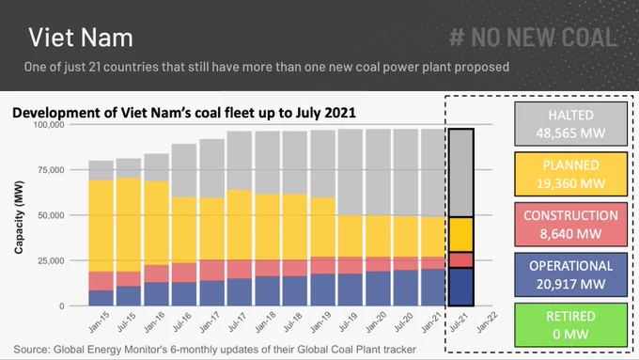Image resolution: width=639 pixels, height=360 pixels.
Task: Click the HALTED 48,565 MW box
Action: [570, 124]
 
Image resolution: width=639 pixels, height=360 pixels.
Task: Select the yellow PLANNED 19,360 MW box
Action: [570, 174]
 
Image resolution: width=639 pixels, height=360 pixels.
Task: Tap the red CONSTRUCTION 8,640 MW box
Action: [570, 225]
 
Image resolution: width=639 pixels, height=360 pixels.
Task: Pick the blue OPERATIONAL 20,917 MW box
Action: [570, 274]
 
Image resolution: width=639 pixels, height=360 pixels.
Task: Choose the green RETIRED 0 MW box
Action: [570, 325]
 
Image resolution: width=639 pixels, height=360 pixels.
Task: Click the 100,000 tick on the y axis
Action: [49, 124]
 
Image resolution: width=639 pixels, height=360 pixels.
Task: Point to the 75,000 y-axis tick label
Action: [51, 170]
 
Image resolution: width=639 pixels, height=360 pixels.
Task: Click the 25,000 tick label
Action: [51, 260]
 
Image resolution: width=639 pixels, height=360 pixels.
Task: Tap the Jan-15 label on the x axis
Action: [100, 322]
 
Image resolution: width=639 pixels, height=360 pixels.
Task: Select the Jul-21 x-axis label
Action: [460, 322]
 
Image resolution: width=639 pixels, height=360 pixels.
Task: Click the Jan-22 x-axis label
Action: [487, 322]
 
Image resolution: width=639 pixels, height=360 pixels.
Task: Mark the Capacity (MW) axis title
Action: [19, 217]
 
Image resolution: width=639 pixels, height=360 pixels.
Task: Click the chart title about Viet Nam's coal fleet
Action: [184, 113]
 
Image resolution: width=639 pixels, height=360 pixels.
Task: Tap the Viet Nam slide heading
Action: [81, 38]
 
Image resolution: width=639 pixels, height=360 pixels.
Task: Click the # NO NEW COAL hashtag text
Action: [534, 37]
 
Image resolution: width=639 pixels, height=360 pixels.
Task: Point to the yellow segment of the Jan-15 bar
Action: [101, 226]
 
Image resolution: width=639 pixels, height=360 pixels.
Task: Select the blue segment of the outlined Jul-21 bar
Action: [461, 287]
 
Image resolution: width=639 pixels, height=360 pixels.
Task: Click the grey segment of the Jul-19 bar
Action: [351, 172]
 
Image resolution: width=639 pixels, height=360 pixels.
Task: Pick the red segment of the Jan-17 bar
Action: [212, 271]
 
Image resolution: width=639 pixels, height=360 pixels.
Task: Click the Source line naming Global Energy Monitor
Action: [215, 350]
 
